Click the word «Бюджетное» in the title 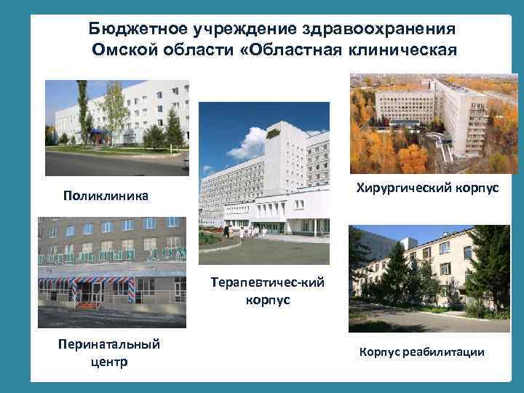coord(138,28)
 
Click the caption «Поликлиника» coord(106,196)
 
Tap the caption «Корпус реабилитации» coord(421,352)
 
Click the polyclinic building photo coord(116,127)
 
